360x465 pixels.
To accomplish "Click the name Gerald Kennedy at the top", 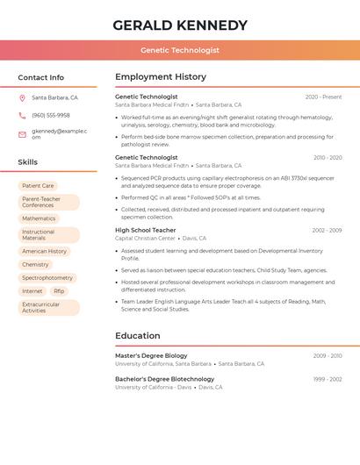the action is pos(180,25).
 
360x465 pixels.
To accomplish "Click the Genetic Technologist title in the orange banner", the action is pos(180,50).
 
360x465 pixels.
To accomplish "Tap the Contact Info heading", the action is pos(41,77).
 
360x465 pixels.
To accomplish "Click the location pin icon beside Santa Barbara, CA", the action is pos(22,97).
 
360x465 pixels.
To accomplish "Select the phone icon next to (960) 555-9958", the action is pos(22,115).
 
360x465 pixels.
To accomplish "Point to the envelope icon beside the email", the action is pos(22,133).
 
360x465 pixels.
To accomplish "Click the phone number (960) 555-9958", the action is pos(51,115).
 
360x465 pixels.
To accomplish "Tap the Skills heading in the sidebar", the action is pos(28,162).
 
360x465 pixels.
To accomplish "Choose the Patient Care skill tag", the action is pos(38,186).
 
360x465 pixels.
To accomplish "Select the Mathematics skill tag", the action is pos(39,218).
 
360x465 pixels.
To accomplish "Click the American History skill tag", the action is pos(45,251).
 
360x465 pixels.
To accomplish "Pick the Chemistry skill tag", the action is pos(35,264).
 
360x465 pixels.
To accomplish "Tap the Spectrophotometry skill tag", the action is pos(47,278).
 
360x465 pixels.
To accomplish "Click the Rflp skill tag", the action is pos(59,291).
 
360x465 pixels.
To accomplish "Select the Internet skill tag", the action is pos(32,291).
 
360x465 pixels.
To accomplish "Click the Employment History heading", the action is pos(161,77).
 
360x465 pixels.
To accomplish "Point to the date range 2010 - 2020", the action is pos(328,158).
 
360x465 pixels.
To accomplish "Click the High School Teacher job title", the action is pos(146,230).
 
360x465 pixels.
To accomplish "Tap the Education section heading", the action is pos(138,335).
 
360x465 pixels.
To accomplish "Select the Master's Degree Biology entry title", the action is pos(151,355).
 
